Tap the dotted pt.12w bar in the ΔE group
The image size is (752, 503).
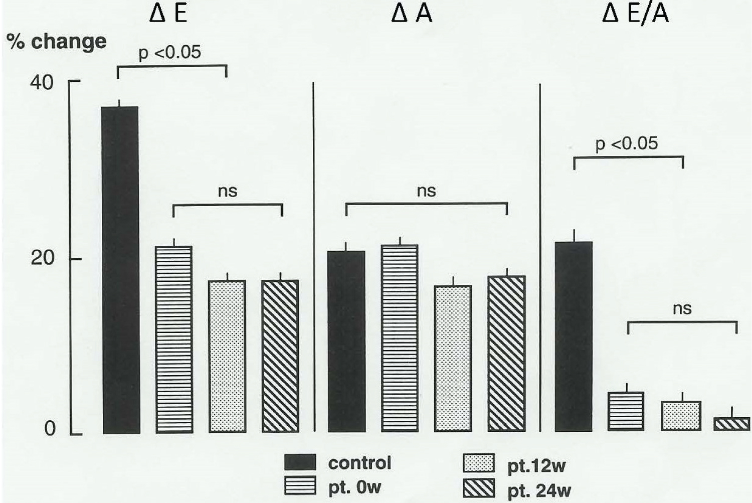[x=227, y=356]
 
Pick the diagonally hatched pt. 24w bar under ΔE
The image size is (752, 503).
[x=280, y=356]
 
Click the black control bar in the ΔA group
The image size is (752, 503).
[x=346, y=341]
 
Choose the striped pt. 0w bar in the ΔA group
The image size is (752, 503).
[x=400, y=338]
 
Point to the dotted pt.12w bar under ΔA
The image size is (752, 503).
[x=453, y=358]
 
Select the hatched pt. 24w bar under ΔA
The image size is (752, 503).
[x=507, y=353]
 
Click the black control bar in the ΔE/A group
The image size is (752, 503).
[x=574, y=337]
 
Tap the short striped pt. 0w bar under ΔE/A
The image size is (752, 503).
[x=626, y=411]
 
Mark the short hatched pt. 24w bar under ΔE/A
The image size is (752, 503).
[x=732, y=424]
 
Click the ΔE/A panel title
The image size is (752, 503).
[x=636, y=14]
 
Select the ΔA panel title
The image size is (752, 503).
[x=411, y=14]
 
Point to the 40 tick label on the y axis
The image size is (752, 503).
[x=42, y=83]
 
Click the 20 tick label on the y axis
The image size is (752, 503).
[x=42, y=258]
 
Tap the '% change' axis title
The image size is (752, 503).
[x=57, y=42]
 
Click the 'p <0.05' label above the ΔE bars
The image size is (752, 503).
[x=169, y=52]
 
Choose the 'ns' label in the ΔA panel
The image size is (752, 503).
[x=426, y=191]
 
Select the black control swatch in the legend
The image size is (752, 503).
[x=300, y=462]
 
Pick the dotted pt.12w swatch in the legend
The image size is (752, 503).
[x=478, y=463]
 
